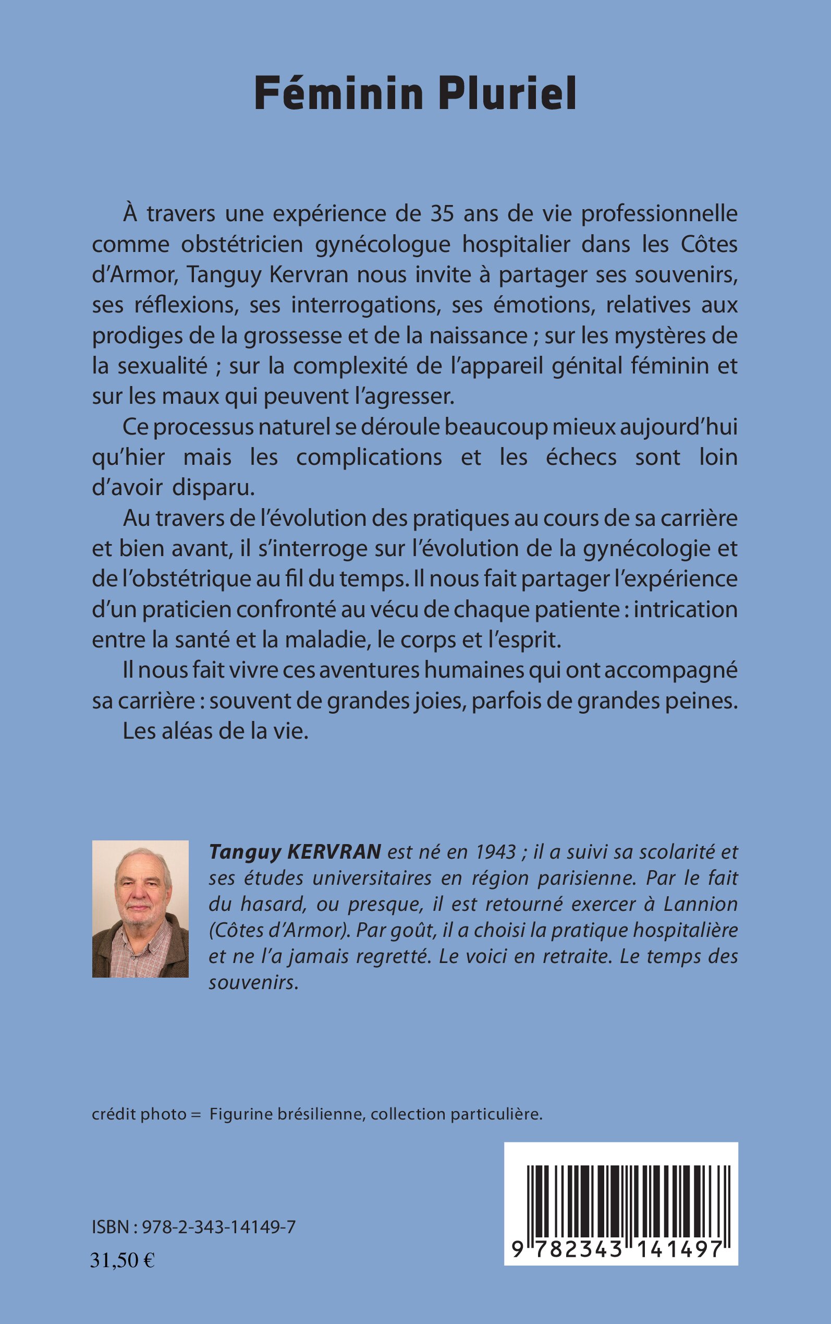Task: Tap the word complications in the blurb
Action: (369, 458)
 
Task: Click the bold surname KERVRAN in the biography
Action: (334, 852)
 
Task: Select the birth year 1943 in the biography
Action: (496, 852)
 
